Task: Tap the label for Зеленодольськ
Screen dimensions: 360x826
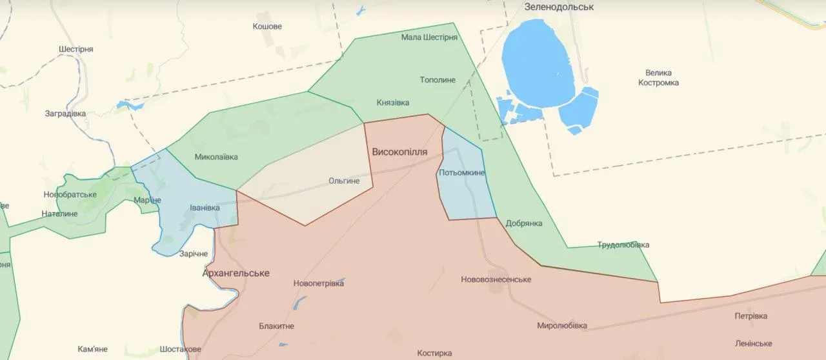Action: [x=559, y=6]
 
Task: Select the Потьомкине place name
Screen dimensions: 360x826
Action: [x=461, y=173]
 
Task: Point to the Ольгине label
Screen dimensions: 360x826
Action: [x=344, y=181]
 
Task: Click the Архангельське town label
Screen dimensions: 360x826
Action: [x=236, y=273]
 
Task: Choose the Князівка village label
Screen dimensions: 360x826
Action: [x=393, y=103]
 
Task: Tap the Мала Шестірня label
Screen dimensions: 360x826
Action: [x=429, y=37]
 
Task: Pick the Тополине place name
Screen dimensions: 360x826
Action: [x=438, y=80]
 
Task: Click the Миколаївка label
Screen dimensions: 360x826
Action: [x=216, y=157]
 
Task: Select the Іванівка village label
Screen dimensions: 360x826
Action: [x=205, y=208]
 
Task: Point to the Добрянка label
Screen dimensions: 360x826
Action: [x=524, y=223]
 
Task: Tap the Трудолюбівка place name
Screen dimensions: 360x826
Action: [x=623, y=245]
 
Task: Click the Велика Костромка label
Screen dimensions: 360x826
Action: [x=658, y=78]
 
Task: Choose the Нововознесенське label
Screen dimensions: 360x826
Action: [x=496, y=279]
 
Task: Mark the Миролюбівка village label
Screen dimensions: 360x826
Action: [x=562, y=326]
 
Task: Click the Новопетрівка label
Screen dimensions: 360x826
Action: [x=318, y=283]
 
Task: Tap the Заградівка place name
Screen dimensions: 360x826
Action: [x=65, y=114]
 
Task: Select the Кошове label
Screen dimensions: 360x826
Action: [x=267, y=26]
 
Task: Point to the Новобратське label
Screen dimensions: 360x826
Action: [x=70, y=194]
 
